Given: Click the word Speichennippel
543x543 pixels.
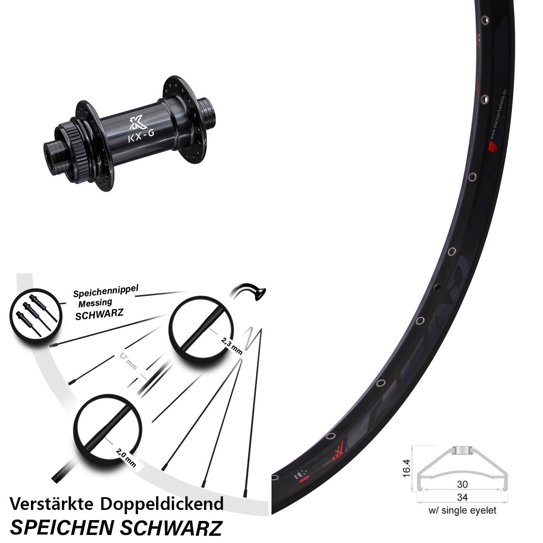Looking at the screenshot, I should (106, 291).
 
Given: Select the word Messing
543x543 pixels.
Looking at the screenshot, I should (95, 303).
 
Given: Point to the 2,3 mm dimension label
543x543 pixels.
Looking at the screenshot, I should (232, 345).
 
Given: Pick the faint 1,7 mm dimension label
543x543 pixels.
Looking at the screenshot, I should (128, 361).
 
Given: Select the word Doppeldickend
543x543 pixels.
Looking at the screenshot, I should (162, 504).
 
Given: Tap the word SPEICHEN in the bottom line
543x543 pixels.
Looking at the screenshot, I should (62, 528).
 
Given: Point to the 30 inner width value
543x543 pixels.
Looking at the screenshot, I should (462, 484).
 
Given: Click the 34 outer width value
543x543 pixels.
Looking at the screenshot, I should (462, 497).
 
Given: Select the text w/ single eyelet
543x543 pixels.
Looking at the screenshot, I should (462, 510).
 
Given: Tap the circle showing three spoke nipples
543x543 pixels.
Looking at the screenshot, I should (33, 314).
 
